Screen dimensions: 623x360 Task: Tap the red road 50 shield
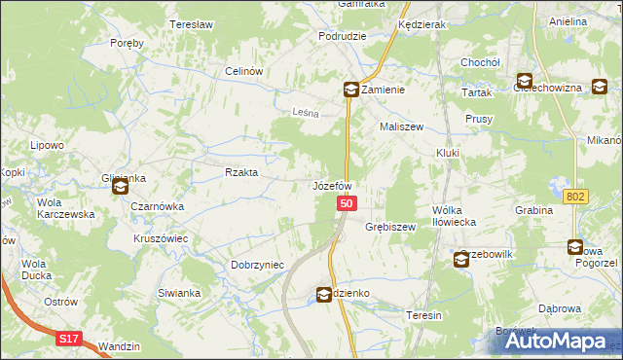pos(348,203)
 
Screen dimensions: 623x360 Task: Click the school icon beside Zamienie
pos(349,90)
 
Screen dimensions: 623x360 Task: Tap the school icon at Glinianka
pos(121,186)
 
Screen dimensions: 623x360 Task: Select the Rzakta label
pos(241,172)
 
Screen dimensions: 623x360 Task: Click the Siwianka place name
pos(178,292)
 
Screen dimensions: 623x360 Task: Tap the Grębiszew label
pos(390,227)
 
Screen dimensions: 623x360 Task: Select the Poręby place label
pos(128,43)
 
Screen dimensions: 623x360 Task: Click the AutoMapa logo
pos(558,341)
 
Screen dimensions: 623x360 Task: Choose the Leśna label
pos(307,113)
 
